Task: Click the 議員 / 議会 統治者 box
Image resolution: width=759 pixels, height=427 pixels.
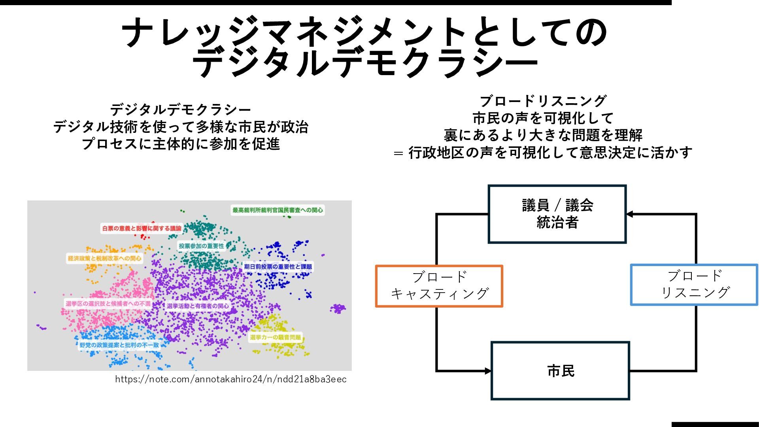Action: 557,214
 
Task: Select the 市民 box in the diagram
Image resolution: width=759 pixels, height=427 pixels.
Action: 560,371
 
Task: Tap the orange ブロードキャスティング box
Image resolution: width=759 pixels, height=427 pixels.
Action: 439,286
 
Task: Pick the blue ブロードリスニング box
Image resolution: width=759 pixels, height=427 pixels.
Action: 694,285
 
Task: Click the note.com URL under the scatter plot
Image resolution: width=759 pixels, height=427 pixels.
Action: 231,380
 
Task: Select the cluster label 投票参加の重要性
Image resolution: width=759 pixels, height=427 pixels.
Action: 201,246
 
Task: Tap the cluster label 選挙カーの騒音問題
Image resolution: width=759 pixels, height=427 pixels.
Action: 276,337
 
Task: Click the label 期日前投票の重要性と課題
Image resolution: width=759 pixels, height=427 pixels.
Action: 278,266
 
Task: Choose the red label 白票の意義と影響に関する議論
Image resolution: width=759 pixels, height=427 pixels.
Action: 142,228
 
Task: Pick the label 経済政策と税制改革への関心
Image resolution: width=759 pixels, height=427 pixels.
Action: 104,258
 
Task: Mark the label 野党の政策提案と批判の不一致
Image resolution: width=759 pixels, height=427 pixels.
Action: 119,345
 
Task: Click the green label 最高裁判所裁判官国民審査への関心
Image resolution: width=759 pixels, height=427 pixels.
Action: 278,210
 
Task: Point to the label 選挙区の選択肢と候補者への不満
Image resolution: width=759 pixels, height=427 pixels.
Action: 108,304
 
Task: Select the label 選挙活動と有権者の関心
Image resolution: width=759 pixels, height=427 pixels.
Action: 198,306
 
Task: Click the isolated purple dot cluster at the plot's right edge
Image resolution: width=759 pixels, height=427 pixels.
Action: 338,308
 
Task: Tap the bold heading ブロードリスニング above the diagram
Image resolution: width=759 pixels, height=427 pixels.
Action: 543,101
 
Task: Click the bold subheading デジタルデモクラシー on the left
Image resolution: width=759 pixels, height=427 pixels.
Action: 181,110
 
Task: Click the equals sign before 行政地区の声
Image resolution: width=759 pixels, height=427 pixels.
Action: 398,153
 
